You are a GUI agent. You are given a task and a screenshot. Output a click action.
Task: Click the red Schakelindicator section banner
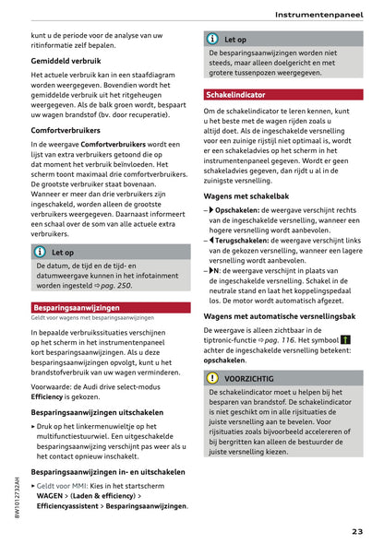(x=235, y=95)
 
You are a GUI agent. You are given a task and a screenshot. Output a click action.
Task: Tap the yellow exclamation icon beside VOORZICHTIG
(x=213, y=378)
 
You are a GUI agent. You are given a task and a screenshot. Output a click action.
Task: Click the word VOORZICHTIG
(x=249, y=378)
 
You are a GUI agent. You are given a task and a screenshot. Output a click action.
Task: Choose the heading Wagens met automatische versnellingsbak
(x=279, y=316)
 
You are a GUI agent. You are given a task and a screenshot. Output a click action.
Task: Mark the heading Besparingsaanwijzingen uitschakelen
(x=97, y=413)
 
